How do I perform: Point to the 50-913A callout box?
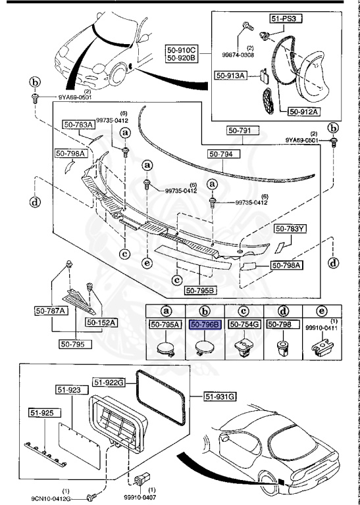click(x=230, y=76)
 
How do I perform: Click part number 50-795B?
click(x=201, y=290)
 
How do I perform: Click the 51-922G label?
click(x=109, y=381)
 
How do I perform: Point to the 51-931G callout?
click(x=220, y=396)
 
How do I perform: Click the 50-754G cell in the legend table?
click(x=243, y=324)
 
